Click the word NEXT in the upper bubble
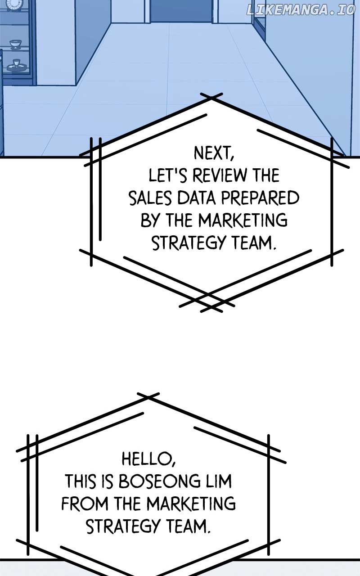[x=213, y=153]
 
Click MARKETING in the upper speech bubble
[x=243, y=220]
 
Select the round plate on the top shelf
[x=14, y=4]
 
